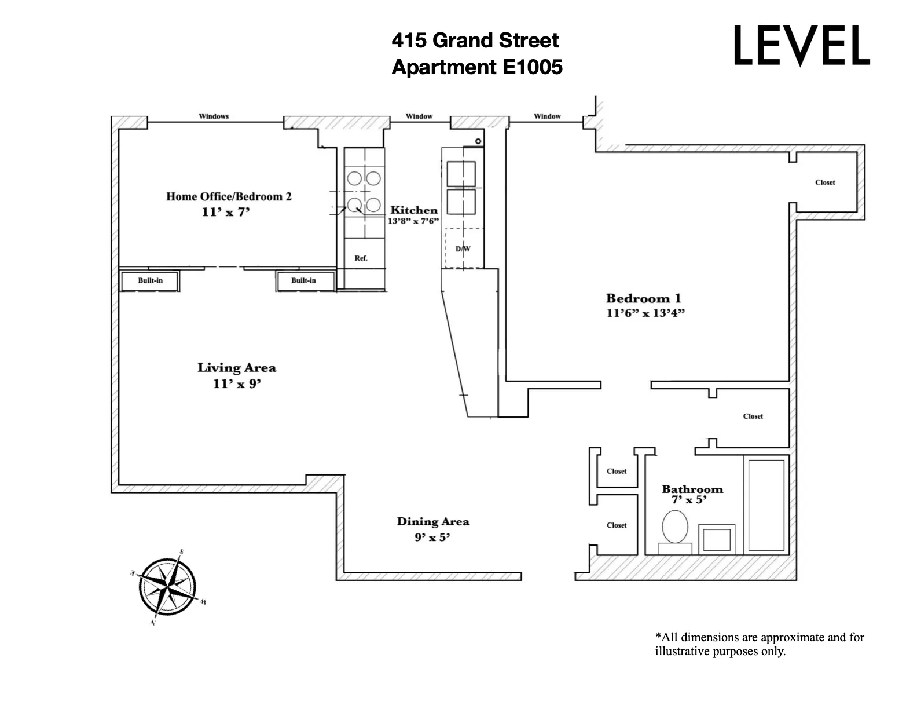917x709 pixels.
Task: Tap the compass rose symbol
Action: click(168, 587)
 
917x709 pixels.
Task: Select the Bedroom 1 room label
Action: click(643, 298)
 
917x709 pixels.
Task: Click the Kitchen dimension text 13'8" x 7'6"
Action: click(413, 221)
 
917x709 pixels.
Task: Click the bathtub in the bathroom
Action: click(766, 505)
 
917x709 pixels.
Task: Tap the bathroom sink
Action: click(716, 539)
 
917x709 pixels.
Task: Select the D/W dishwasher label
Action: click(463, 249)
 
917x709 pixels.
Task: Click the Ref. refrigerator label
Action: click(361, 258)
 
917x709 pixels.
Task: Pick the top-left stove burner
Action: click(354, 178)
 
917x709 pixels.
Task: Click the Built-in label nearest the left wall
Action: click(150, 280)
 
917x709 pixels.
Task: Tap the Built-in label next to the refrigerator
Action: click(303, 280)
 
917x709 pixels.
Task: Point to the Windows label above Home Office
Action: click(214, 116)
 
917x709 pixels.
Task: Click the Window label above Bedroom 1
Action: click(547, 116)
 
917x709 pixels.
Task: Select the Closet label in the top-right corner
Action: click(825, 182)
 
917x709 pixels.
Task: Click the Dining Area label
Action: click(432, 521)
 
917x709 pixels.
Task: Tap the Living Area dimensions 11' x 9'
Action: click(237, 383)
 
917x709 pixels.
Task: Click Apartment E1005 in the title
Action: click(476, 67)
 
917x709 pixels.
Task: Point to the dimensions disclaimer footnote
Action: click(759, 644)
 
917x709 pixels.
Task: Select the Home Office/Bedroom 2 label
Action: click(229, 196)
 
